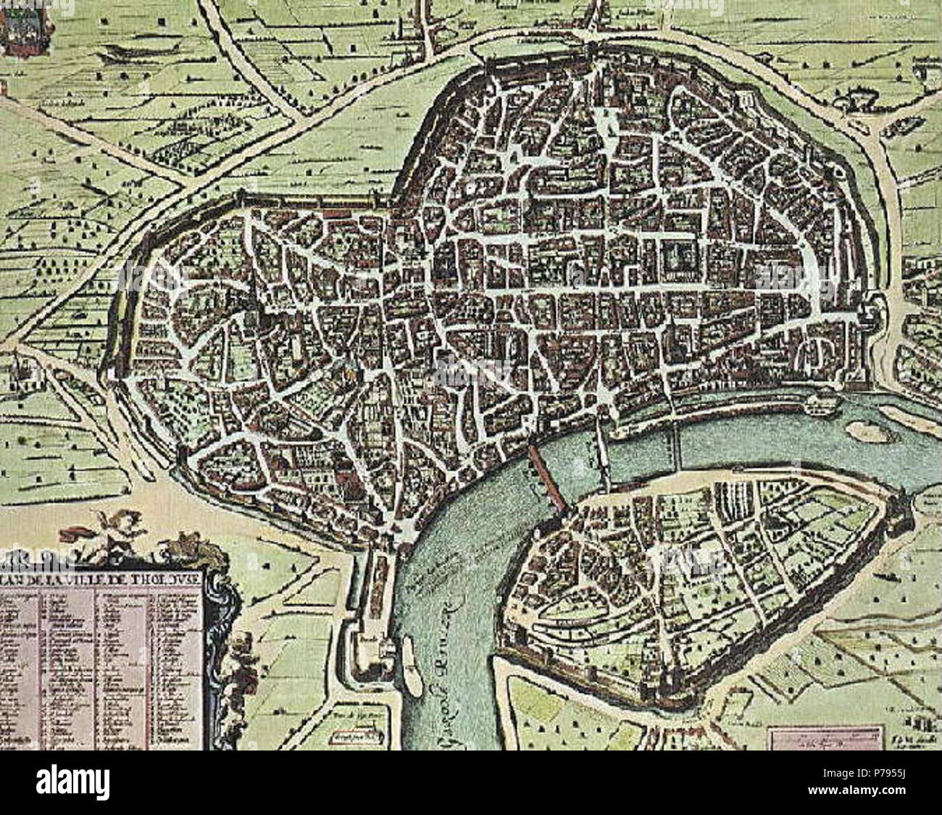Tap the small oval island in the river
click(x=865, y=431)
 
